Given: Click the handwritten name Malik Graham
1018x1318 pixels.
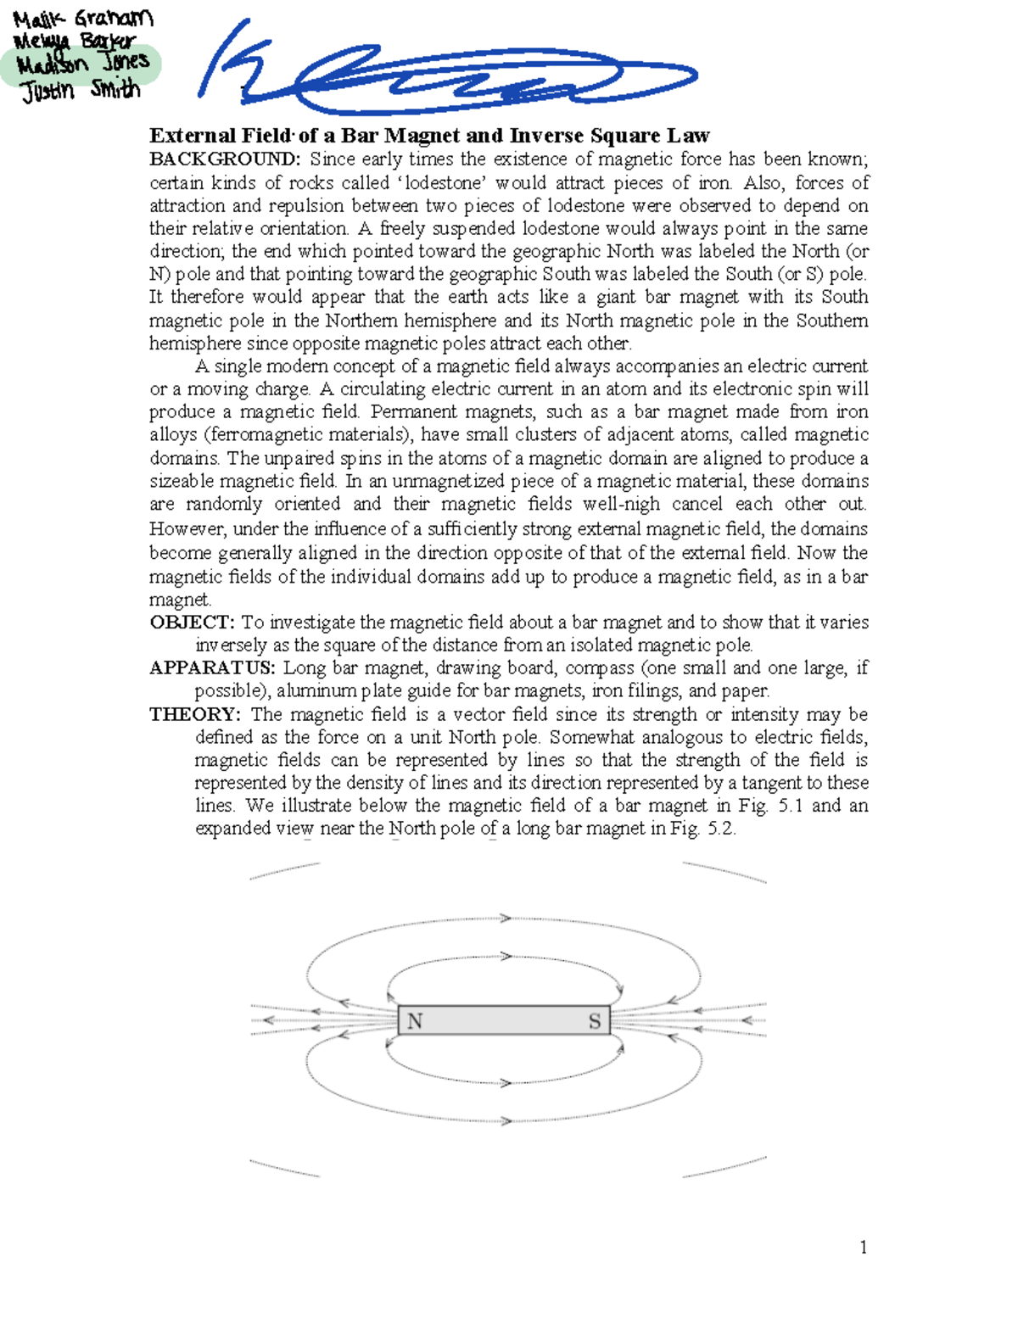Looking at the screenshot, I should (82, 18).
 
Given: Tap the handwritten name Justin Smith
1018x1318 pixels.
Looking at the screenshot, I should (81, 89).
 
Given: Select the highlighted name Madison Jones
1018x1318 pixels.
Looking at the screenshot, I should (82, 64).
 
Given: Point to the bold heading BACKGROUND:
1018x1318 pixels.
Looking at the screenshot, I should (225, 159).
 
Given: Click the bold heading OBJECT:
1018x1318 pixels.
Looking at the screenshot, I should (192, 623).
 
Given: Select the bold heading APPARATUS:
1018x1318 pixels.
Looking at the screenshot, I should (212, 668).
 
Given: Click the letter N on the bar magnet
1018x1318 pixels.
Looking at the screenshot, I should (415, 1021).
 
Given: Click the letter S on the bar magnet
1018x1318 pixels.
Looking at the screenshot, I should (595, 1021).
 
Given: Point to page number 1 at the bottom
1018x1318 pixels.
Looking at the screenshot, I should (864, 1247).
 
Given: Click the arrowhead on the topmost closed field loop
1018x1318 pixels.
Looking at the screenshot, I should (506, 919).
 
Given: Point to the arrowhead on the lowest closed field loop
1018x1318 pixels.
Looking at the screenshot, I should (506, 1121).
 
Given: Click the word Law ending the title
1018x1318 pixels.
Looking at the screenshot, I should (688, 136).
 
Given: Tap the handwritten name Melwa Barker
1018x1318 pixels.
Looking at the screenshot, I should (75, 41).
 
